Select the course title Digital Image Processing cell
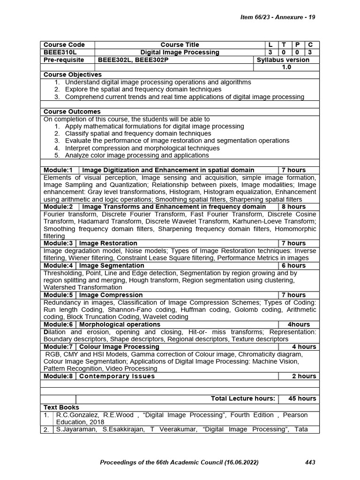click(x=180, y=52)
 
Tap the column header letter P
click(x=297, y=45)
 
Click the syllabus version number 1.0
click(x=286, y=67)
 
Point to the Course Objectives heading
click(x=72, y=75)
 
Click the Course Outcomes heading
click(x=72, y=112)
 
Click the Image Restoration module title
click(x=108, y=243)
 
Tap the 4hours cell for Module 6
click(x=299, y=324)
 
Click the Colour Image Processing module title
click(x=120, y=346)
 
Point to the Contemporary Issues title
click(x=117, y=376)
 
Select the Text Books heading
click(x=61, y=407)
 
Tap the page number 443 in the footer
click(x=310, y=463)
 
